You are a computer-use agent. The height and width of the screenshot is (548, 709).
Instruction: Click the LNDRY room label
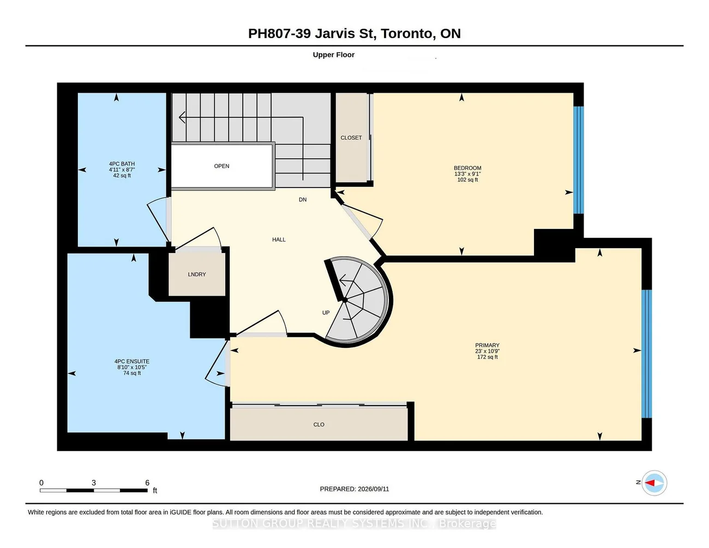click(197, 274)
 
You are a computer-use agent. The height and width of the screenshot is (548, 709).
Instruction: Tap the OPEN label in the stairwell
click(221, 166)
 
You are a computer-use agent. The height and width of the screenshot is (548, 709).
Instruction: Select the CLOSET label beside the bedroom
click(351, 137)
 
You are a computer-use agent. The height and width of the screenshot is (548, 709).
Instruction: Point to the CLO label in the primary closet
click(319, 424)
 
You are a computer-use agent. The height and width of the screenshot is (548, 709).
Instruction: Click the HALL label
click(279, 239)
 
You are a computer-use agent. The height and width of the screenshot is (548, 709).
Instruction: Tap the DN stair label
click(303, 200)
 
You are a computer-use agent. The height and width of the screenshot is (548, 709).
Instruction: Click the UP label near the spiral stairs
click(326, 312)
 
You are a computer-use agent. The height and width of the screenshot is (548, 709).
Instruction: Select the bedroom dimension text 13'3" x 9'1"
click(467, 174)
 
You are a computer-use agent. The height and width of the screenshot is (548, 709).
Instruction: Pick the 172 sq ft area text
click(488, 357)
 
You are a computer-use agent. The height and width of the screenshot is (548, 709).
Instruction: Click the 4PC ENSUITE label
click(132, 362)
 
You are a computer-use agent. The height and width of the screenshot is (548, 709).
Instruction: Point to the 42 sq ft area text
click(122, 176)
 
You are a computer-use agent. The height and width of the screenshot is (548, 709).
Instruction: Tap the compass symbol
click(654, 483)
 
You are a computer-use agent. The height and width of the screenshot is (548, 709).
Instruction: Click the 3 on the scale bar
click(94, 483)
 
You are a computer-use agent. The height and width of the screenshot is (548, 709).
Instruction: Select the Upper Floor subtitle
click(333, 55)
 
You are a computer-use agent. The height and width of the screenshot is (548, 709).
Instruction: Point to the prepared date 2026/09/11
click(373, 489)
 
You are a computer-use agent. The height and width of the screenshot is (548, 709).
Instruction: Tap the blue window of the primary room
click(646, 354)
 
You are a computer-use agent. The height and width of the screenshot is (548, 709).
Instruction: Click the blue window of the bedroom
click(579, 160)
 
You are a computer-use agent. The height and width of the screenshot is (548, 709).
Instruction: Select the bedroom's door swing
click(362, 219)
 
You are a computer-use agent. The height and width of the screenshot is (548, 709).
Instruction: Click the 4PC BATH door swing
click(159, 219)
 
